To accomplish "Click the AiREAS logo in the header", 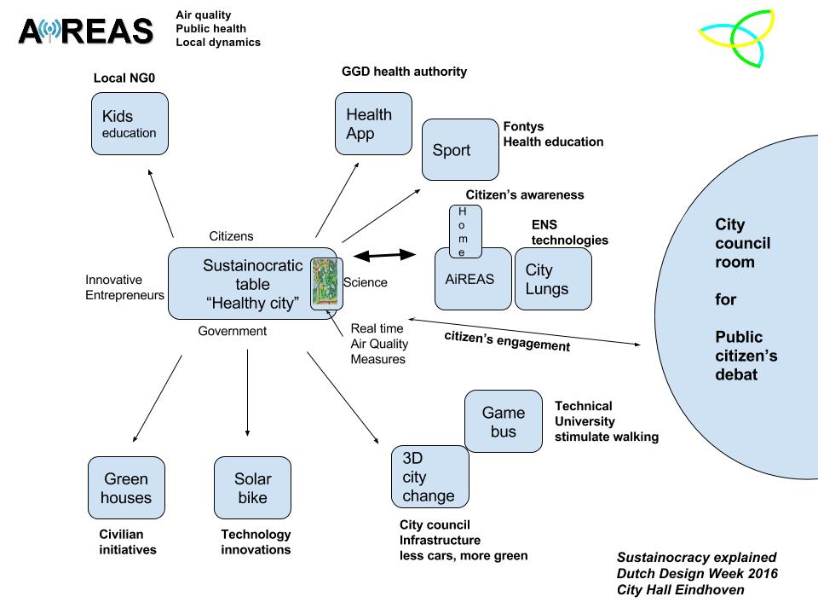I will (85, 32).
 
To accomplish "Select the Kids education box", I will (130, 124).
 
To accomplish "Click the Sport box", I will (460, 149).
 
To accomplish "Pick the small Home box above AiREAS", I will (465, 230).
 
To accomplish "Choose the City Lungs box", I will (553, 279).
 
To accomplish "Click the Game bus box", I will (504, 421).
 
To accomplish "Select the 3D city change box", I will (429, 476).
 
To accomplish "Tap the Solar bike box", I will (252, 487).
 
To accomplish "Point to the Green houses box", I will (126, 487).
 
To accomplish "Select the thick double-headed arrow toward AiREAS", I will (383, 254).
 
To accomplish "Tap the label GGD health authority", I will (404, 72).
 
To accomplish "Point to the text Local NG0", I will (124, 79).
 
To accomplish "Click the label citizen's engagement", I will (506, 340).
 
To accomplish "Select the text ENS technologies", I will (570, 233).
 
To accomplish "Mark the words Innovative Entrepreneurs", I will (124, 287).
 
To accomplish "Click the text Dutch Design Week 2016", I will (697, 573).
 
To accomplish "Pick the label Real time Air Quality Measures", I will (379, 344).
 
